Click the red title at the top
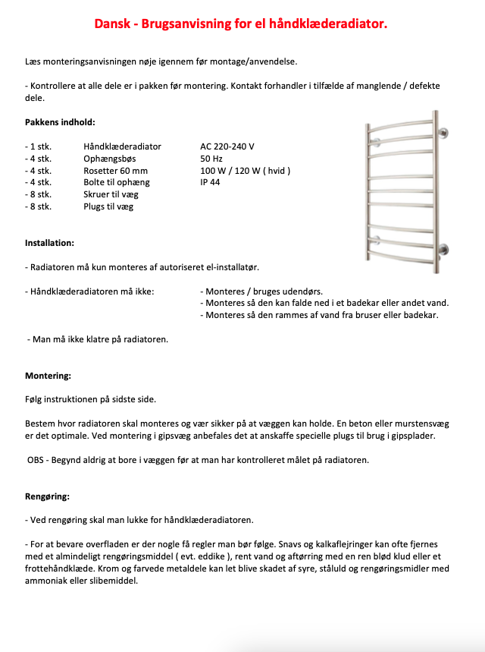click(241, 24)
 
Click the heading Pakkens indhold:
click(60, 122)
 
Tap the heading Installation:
click(49, 243)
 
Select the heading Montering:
click(48, 376)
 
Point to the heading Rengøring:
click(47, 496)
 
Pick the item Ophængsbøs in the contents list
click(110, 159)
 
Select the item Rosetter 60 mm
click(115, 171)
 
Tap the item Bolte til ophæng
click(117, 182)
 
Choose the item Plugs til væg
click(108, 206)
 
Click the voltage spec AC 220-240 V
click(227, 146)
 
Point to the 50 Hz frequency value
click(210, 159)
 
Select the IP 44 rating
click(211, 182)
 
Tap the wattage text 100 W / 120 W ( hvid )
click(246, 171)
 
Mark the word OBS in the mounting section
click(36, 460)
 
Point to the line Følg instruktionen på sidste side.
click(90, 399)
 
